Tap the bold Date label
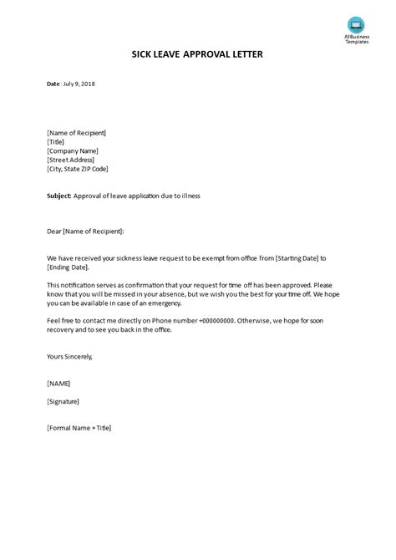[x=53, y=84]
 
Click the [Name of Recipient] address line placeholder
[x=77, y=133]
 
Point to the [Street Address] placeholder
[x=71, y=160]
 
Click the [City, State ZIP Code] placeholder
[x=82, y=169]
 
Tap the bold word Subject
[x=59, y=196]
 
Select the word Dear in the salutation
[x=55, y=231]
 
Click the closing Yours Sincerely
[x=70, y=356]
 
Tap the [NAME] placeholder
[x=58, y=384]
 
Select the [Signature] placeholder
[x=63, y=401]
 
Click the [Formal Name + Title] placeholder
[x=79, y=428]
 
